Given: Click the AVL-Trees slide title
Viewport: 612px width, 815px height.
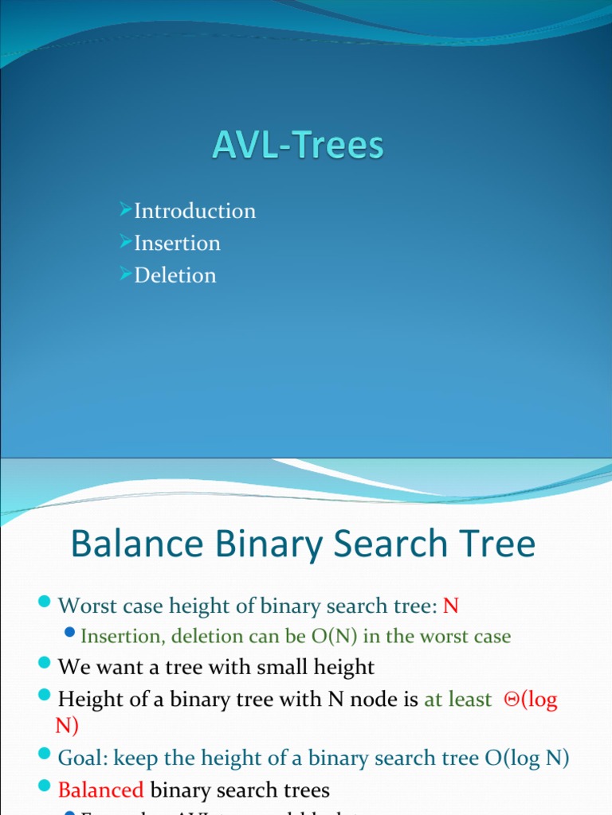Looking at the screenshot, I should click(298, 146).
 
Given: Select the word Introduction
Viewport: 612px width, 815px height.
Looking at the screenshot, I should click(195, 211).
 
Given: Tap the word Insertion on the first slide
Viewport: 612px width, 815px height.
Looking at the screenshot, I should click(177, 243).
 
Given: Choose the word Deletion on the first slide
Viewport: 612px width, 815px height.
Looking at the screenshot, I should click(175, 275).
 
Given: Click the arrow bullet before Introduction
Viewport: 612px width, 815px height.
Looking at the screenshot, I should click(125, 210).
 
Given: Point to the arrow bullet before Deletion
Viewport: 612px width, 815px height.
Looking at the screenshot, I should click(125, 275).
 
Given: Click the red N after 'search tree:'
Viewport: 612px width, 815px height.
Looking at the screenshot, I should click(451, 606).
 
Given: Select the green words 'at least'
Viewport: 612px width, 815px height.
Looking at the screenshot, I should click(458, 700).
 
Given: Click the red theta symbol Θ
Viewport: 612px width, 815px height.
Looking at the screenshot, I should click(510, 700).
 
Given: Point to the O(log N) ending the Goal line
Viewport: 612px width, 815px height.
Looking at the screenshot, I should click(527, 758).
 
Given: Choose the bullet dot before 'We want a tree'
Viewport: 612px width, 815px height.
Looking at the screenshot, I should click(45, 666).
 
